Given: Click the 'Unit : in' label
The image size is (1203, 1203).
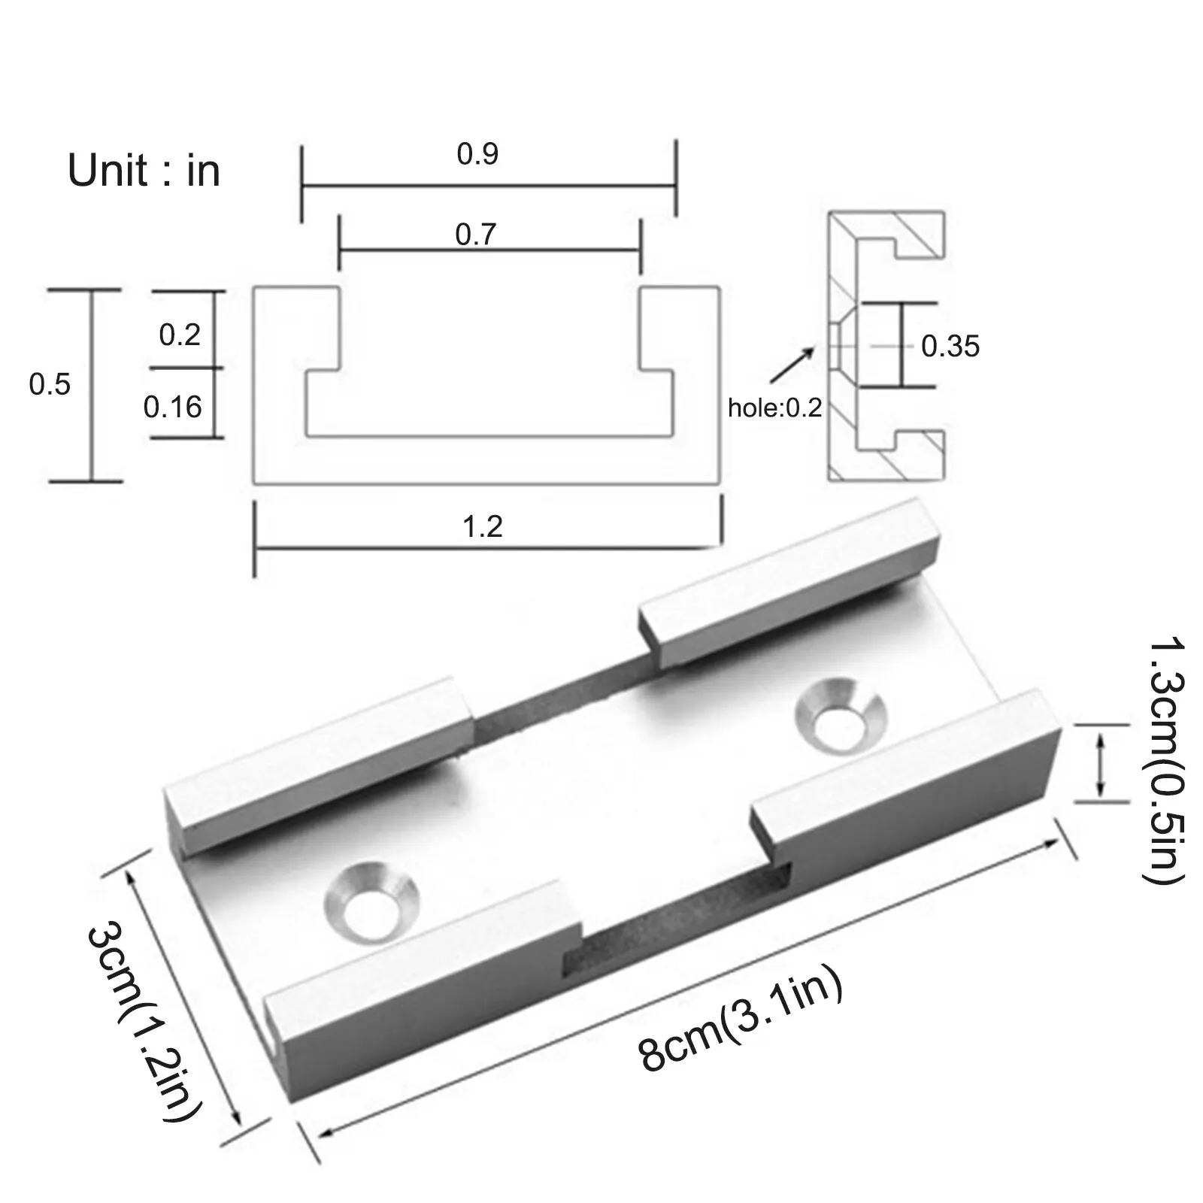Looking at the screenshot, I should point(144,171).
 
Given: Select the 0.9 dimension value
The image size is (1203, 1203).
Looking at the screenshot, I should point(477,154).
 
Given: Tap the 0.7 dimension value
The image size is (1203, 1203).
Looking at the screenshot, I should point(476,235).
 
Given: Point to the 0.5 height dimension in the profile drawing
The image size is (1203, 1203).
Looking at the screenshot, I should point(50,384).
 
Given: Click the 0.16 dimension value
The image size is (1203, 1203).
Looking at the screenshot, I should point(173,407).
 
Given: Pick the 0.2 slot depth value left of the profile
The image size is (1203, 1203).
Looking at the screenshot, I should point(180,334).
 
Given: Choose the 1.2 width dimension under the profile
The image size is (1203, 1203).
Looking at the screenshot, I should point(482,526).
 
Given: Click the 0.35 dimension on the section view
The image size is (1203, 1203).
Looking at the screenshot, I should point(950,347).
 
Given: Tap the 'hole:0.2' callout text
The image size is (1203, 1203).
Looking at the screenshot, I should point(774,408).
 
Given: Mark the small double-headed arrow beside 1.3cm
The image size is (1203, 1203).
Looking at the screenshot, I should point(1101,764).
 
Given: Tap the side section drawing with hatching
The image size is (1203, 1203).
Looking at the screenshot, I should point(886,347).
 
